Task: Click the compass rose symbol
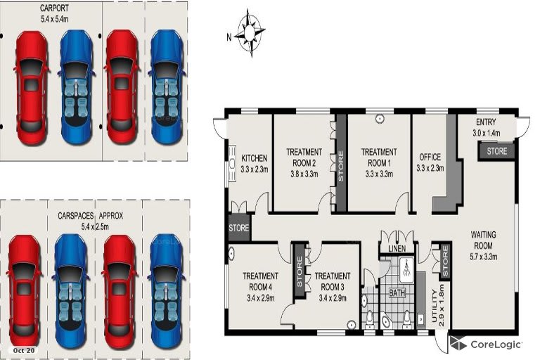pyautogui.click(x=250, y=33)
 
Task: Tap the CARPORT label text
pyautogui.click(x=54, y=8)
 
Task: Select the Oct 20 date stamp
pyautogui.click(x=24, y=350)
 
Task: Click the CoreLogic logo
pyautogui.click(x=487, y=344)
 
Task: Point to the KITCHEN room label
pyautogui.click(x=254, y=158)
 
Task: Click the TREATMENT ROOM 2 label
pyautogui.click(x=304, y=157)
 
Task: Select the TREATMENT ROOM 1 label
pyautogui.click(x=379, y=157)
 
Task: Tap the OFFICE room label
pyautogui.click(x=430, y=157)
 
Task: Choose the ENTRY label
pyautogui.click(x=486, y=122)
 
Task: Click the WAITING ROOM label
pyautogui.click(x=483, y=240)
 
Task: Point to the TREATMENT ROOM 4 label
pyautogui.click(x=260, y=281)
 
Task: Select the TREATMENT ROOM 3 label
pyautogui.click(x=333, y=281)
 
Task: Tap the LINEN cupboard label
pyautogui.click(x=397, y=249)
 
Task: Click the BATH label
pyautogui.click(x=397, y=292)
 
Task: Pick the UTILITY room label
pyautogui.click(x=434, y=306)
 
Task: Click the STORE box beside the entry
pyautogui.click(x=497, y=151)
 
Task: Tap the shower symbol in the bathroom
pyautogui.click(x=406, y=266)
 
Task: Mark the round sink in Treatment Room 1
pyautogui.click(x=380, y=119)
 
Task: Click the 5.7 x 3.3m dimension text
pyautogui.click(x=483, y=257)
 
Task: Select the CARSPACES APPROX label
pyautogui.click(x=90, y=216)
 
